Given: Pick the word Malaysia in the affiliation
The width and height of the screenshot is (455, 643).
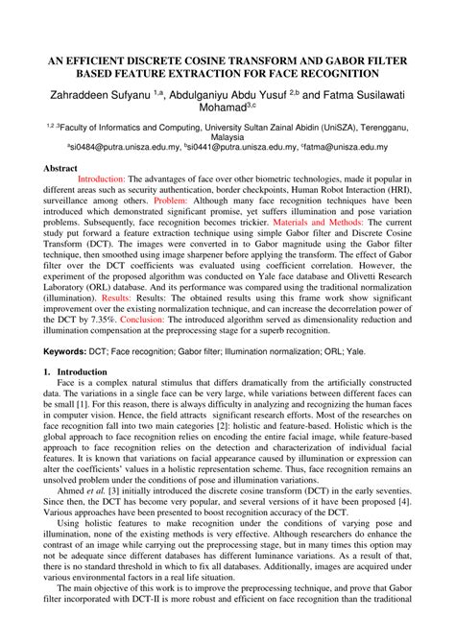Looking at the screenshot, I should tap(227, 136).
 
